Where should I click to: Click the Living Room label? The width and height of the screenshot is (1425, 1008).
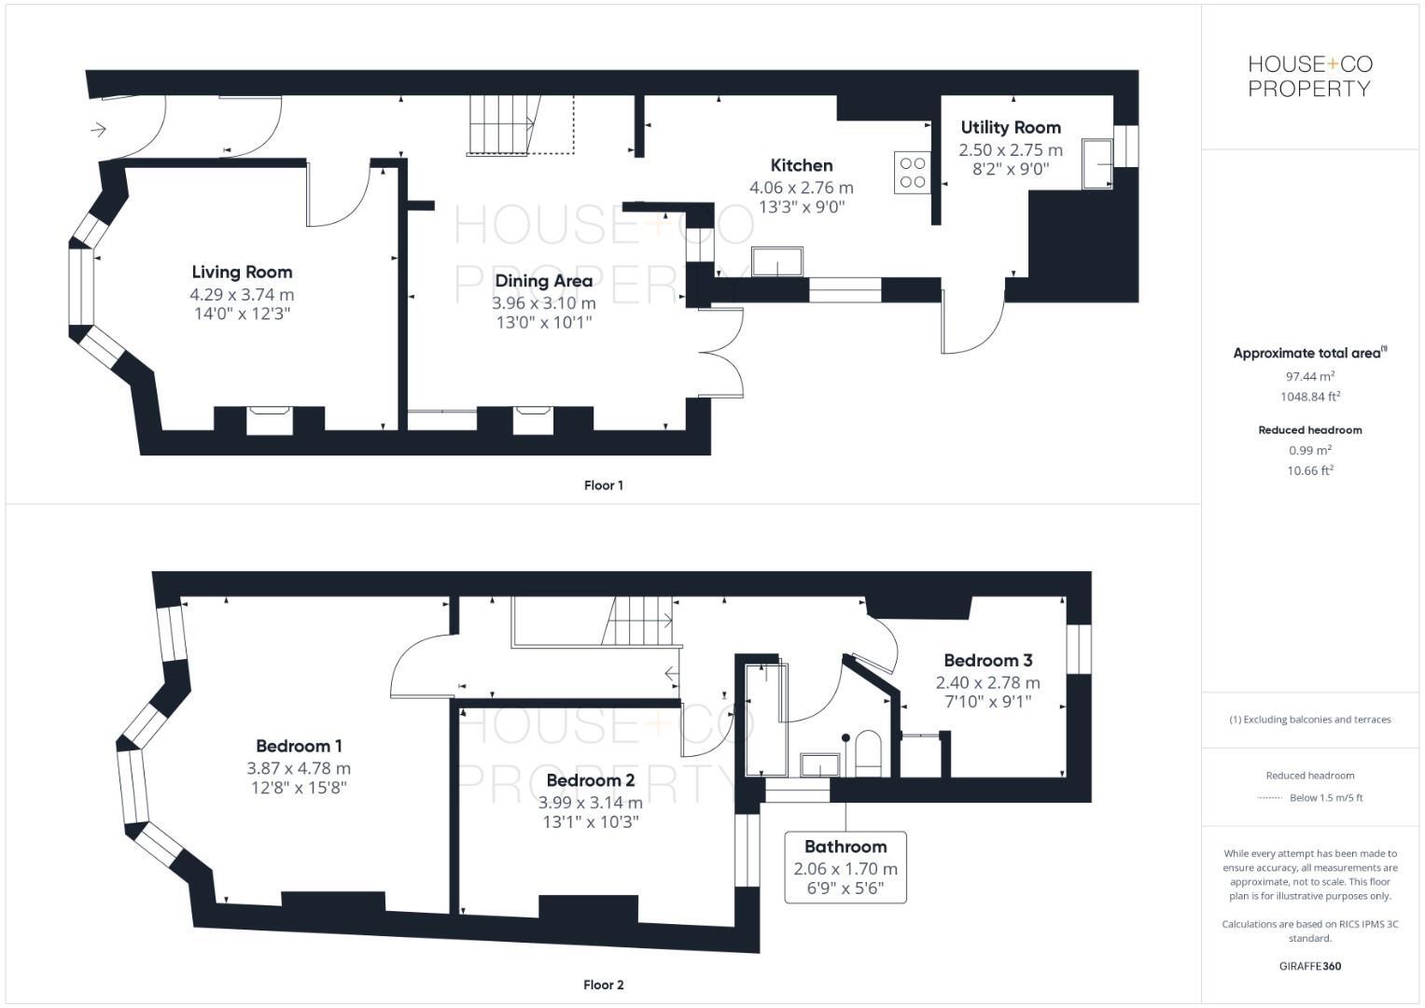(242, 272)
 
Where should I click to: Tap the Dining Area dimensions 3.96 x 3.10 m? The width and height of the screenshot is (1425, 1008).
(543, 302)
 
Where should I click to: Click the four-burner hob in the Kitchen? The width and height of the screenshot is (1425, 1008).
(912, 173)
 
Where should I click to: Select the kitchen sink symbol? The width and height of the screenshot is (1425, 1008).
(777, 262)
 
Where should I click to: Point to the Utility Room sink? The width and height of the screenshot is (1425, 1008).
(1097, 163)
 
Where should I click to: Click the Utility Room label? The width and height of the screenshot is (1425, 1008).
(1011, 127)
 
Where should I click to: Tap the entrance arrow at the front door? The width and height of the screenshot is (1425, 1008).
(99, 129)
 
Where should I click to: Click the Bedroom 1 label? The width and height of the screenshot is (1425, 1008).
(299, 746)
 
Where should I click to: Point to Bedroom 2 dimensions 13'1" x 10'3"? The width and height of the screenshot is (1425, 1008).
(590, 822)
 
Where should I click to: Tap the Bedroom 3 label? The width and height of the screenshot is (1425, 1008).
(987, 660)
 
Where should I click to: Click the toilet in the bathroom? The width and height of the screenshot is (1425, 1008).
(868, 751)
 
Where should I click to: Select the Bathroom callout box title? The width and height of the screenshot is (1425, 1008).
(845, 847)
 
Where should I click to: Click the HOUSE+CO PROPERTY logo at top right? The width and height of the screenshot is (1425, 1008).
(1309, 77)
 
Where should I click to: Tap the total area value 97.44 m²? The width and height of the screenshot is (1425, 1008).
(1309, 375)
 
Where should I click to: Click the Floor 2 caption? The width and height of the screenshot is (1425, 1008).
(603, 985)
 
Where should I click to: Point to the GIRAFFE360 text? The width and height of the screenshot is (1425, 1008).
(1309, 966)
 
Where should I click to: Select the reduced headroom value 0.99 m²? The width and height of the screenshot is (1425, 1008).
(1309, 450)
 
